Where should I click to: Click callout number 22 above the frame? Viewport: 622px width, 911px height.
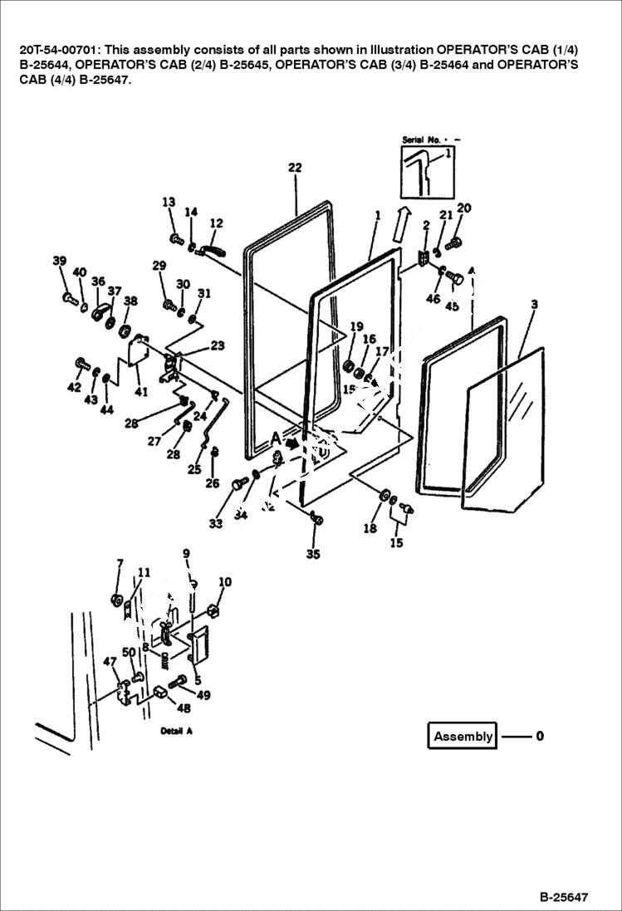tap(295, 168)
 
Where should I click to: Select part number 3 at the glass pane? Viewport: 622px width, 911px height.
tap(534, 306)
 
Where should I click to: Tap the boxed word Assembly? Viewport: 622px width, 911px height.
tap(463, 736)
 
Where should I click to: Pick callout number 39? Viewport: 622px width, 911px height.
tap(59, 262)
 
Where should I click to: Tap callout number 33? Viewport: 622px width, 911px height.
tap(216, 524)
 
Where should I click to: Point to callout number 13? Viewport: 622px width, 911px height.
tap(169, 202)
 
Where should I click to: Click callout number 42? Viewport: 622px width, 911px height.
tap(74, 387)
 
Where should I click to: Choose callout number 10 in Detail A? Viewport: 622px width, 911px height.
tap(225, 582)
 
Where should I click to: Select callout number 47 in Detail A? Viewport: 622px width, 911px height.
tap(110, 662)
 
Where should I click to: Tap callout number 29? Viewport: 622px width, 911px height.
tap(159, 266)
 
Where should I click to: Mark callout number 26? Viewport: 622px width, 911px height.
tap(213, 483)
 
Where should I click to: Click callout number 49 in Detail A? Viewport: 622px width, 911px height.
tap(203, 695)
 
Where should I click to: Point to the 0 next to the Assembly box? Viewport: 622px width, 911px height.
tap(540, 736)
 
